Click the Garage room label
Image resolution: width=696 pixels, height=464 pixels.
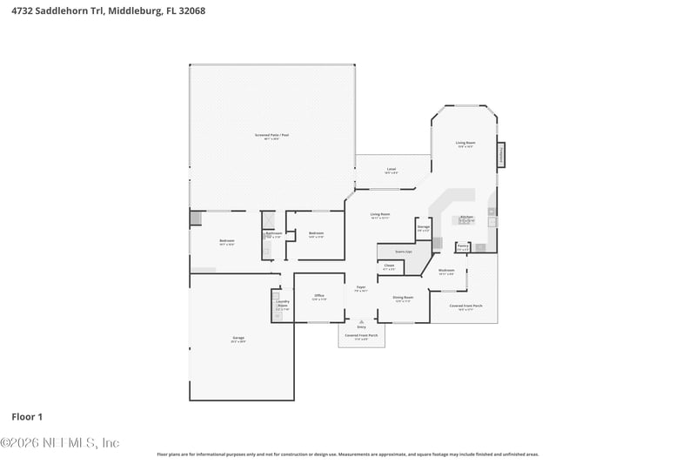click(x=238, y=339)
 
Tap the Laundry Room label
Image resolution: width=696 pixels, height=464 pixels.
click(x=282, y=305)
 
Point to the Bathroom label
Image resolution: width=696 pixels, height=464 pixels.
click(x=272, y=234)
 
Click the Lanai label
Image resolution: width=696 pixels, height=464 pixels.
click(x=391, y=170)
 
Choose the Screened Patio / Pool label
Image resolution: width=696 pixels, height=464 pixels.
click(x=272, y=136)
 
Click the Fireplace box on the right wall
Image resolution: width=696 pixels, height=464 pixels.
click(x=501, y=155)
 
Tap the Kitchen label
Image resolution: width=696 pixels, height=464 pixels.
click(x=466, y=218)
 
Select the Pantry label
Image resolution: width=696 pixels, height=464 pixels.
click(x=463, y=246)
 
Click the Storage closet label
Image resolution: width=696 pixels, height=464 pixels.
click(x=423, y=228)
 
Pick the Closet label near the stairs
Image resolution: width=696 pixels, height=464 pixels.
click(x=389, y=266)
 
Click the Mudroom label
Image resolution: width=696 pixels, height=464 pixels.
click(x=446, y=271)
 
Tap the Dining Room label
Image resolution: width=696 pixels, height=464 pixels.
click(x=403, y=299)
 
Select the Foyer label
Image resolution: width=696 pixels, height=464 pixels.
click(x=361, y=288)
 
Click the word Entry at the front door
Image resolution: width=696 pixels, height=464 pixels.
click(x=361, y=326)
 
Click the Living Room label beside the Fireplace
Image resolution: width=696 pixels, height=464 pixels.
click(x=465, y=144)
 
